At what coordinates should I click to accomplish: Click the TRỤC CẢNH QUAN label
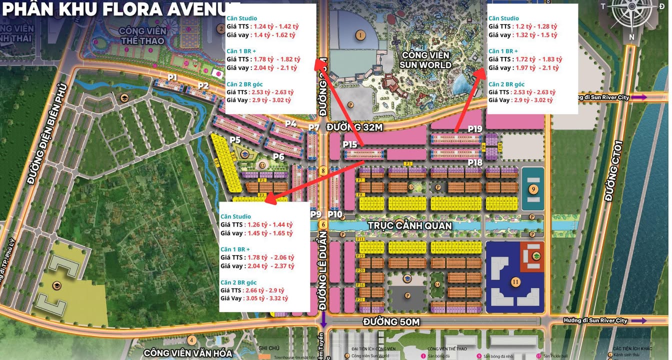tap(409, 225)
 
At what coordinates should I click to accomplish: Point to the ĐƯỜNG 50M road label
tap(391, 321)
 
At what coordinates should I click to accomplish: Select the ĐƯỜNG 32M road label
tap(354, 127)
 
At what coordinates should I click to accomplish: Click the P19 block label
tap(475, 129)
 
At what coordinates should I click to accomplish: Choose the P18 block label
tap(475, 162)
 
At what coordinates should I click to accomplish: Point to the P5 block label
tap(235, 139)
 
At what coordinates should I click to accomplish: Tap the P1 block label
tap(172, 77)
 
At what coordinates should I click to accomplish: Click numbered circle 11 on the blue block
tap(515, 282)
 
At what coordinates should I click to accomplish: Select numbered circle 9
tap(533, 189)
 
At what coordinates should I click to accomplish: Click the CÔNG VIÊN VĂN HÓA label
tap(188, 353)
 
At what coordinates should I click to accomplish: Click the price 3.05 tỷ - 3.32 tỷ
tap(266, 298)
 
